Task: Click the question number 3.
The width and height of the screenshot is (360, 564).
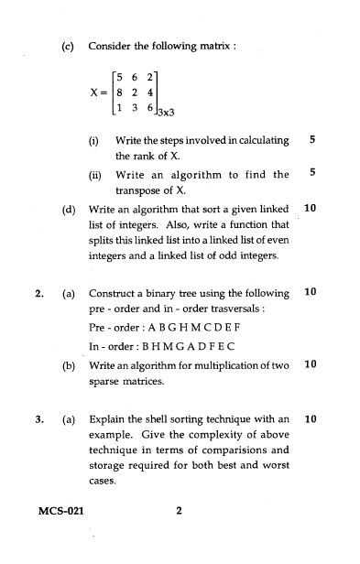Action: [38, 420]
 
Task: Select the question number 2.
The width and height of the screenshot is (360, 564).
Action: [38, 293]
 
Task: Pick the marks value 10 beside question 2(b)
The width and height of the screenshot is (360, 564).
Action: [309, 364]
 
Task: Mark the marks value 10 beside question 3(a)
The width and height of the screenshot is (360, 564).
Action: [309, 420]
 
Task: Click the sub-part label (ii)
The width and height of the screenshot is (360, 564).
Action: [94, 173]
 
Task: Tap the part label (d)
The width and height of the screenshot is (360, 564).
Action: [68, 209]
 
